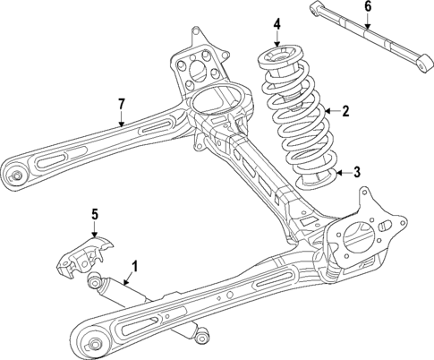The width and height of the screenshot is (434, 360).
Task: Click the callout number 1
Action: pyautogui.click(x=135, y=265)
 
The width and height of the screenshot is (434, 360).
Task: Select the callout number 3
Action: pyautogui.click(x=356, y=173)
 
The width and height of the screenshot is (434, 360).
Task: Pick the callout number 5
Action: pyautogui.click(x=96, y=213)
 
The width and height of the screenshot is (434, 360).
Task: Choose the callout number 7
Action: pyautogui.click(x=123, y=106)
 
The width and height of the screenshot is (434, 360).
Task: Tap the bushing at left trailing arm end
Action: pyautogui.click(x=13, y=174)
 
